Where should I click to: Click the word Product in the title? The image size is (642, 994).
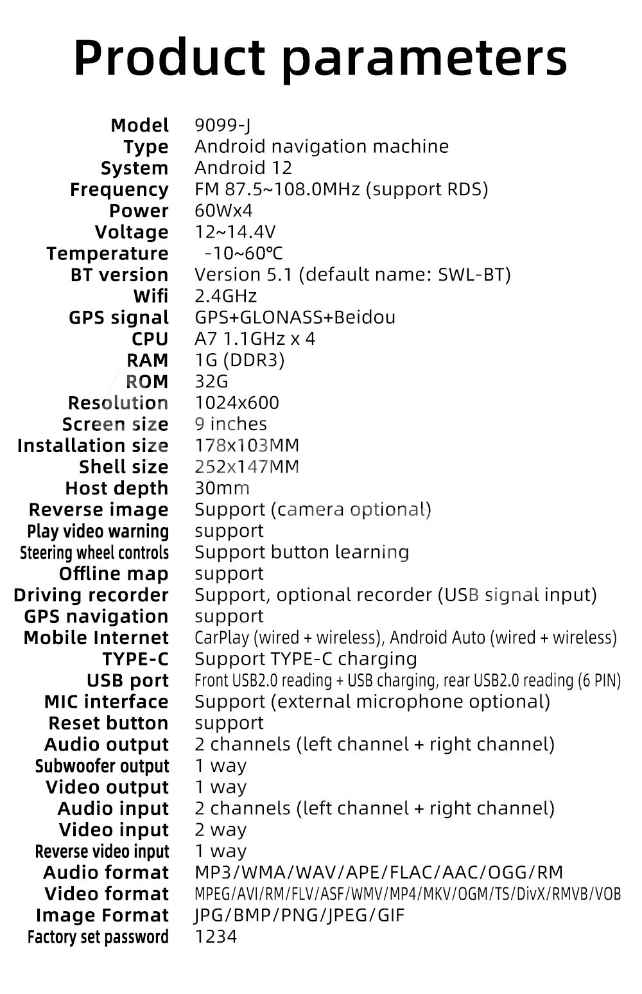click(x=169, y=58)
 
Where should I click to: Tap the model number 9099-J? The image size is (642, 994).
click(x=223, y=126)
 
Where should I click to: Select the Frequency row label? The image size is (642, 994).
click(x=119, y=190)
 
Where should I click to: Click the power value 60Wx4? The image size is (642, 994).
click(x=223, y=211)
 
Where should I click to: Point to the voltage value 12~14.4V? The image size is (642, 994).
click(x=235, y=232)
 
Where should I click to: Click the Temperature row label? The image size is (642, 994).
click(x=107, y=254)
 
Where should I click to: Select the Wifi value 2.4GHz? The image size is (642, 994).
click(x=226, y=296)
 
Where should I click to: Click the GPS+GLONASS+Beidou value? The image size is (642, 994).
click(x=295, y=317)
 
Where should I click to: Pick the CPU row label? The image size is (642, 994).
click(x=150, y=339)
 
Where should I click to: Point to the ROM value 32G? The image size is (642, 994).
click(x=211, y=381)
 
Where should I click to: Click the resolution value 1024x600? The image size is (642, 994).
click(x=237, y=403)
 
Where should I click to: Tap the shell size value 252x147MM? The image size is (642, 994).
click(x=247, y=467)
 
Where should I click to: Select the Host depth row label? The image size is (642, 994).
click(x=117, y=489)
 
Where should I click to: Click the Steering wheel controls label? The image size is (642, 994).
click(x=94, y=553)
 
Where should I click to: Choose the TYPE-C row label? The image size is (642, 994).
click(x=135, y=659)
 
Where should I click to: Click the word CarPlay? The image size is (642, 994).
click(x=222, y=638)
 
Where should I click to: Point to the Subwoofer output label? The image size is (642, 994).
click(x=102, y=766)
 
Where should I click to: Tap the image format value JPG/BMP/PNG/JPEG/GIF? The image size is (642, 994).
click(x=299, y=916)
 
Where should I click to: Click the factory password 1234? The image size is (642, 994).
click(x=216, y=937)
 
